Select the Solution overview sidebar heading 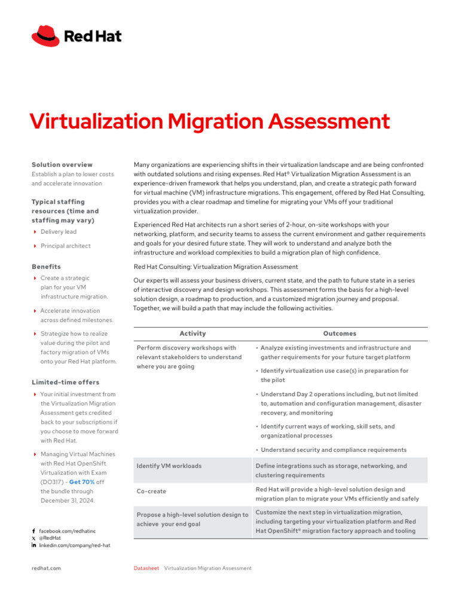coord(62,164)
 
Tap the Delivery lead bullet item coord(58,232)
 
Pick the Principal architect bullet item coord(65,246)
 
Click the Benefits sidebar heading coord(46,267)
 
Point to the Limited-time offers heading coord(65,382)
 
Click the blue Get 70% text coord(82,482)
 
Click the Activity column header coord(192,333)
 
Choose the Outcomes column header coord(339,333)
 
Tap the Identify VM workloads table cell coord(169,466)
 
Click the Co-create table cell coord(151,491)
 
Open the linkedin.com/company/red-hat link coord(74,545)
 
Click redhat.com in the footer coord(46,568)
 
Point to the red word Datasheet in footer coord(146,568)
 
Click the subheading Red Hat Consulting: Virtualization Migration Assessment coord(216,267)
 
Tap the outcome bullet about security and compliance coord(333,449)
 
